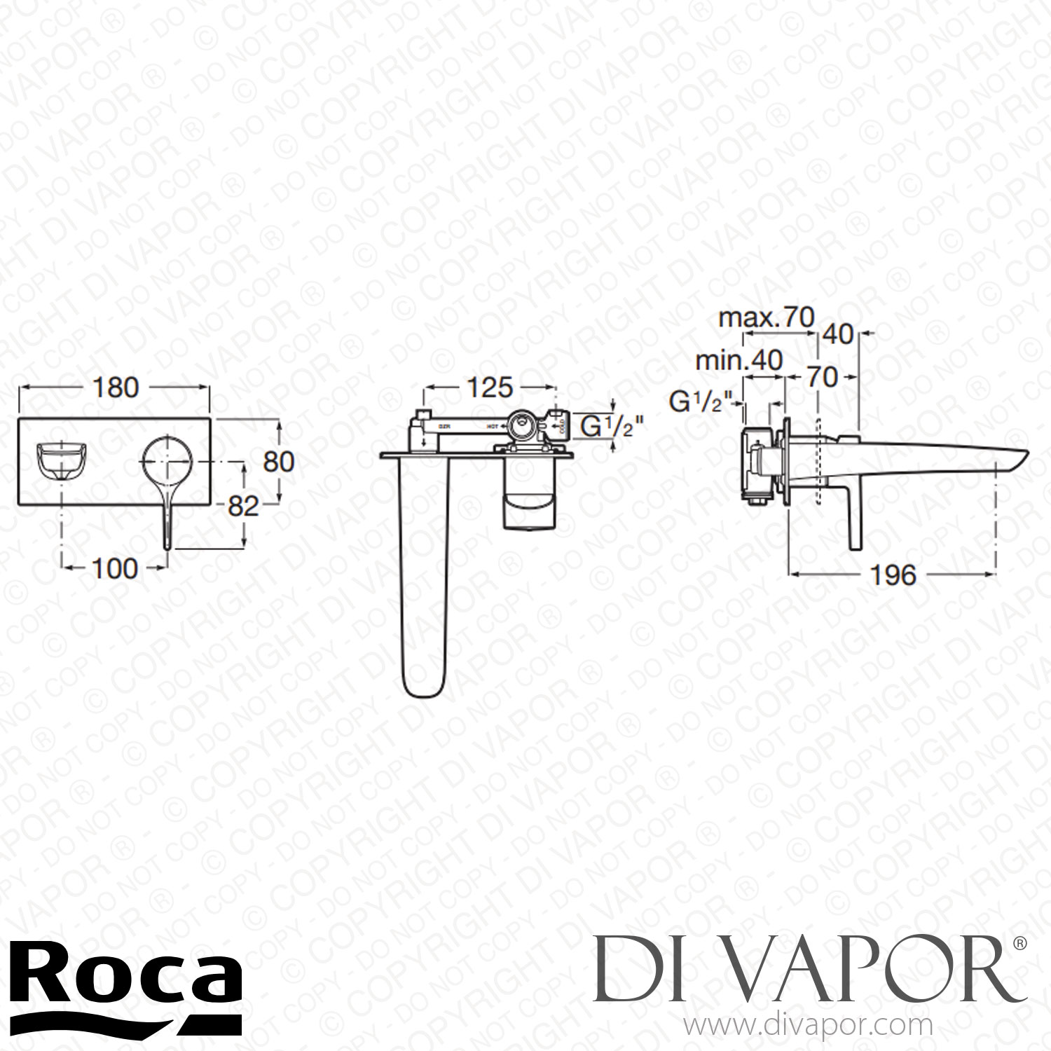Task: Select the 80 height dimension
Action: [278, 462]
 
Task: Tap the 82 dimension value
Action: [244, 506]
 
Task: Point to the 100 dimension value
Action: [115, 568]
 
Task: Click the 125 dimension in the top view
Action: [490, 387]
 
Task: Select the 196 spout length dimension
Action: [893, 575]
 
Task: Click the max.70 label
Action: [767, 318]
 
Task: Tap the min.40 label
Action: [739, 360]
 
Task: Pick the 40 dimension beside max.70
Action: [838, 334]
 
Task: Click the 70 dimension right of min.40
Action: [821, 377]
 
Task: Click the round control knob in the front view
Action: [167, 462]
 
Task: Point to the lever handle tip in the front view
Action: [167, 543]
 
